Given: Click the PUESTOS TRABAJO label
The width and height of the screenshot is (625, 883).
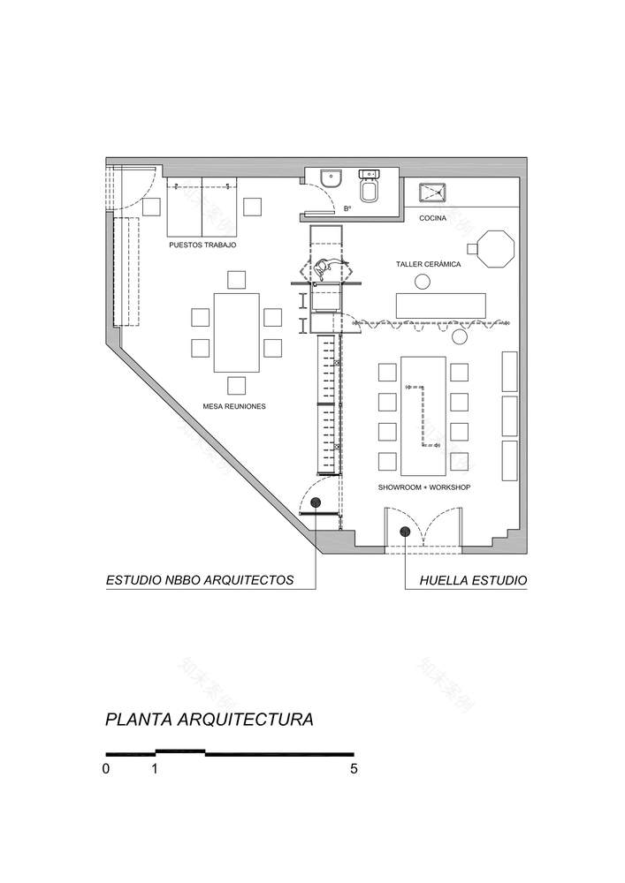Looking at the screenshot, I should [x=202, y=245].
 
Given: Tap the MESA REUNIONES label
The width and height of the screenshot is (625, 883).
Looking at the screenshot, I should [x=234, y=407].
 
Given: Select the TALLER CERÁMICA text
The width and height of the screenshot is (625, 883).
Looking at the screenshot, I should [x=428, y=264].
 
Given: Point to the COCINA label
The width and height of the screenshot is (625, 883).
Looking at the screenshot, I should [x=433, y=218].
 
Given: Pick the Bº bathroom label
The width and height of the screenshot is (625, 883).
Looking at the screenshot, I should [x=347, y=209].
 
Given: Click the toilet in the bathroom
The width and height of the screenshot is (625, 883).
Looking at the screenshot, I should [x=369, y=187].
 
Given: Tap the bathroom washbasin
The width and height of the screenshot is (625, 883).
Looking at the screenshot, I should [x=332, y=177].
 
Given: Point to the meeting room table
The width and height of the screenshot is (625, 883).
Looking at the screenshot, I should [x=236, y=332].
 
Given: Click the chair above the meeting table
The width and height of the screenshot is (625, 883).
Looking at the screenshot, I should [x=236, y=280].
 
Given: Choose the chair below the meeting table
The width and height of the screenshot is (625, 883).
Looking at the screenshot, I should [x=236, y=385].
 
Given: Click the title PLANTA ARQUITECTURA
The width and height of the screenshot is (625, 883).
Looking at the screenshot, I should [x=209, y=720].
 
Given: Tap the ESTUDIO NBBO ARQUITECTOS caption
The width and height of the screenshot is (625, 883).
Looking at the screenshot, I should [x=199, y=581].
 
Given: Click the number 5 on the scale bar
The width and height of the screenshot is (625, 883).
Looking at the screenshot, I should [x=354, y=769].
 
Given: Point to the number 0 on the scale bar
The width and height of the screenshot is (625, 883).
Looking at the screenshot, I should [x=106, y=769].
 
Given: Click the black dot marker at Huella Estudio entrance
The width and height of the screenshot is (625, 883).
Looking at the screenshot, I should [x=405, y=532].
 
